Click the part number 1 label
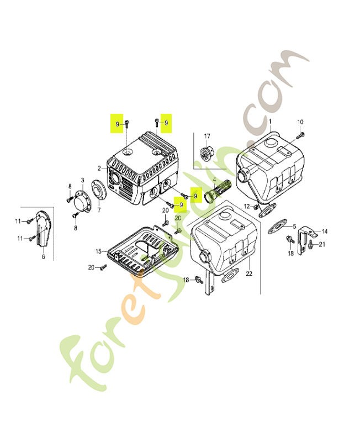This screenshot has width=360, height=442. (270, 121)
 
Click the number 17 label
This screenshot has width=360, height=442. (207, 136)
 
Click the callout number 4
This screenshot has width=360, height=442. (214, 180)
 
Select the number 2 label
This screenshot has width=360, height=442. (99, 168)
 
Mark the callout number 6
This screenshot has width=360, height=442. (43, 256)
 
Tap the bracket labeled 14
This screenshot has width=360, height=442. (303, 238)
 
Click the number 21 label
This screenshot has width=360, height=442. (322, 244)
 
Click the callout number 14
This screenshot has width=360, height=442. (324, 231)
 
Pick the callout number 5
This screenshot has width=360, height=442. (294, 226)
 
